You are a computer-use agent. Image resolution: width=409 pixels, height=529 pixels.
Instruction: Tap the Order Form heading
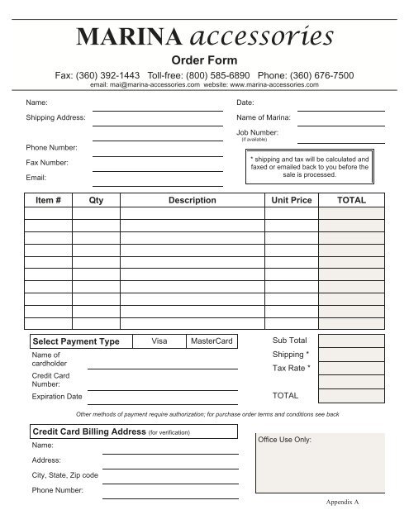(203, 60)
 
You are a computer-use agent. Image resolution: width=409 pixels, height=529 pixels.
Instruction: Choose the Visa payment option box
(160, 341)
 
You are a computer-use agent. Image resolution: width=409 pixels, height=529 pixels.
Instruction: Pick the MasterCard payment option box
(211, 341)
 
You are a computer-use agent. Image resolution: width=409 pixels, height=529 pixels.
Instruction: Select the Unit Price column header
(291, 201)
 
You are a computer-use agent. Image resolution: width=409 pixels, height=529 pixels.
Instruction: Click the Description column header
(192, 201)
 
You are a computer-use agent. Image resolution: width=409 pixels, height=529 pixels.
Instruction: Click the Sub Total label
(289, 340)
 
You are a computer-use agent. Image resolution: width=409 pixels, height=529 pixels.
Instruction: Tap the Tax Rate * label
(292, 368)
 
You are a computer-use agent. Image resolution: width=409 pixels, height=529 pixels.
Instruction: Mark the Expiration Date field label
(55, 398)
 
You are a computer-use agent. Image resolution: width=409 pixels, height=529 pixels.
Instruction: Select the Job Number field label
(257, 132)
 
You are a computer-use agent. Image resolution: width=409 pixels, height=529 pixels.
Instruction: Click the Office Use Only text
(285, 440)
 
